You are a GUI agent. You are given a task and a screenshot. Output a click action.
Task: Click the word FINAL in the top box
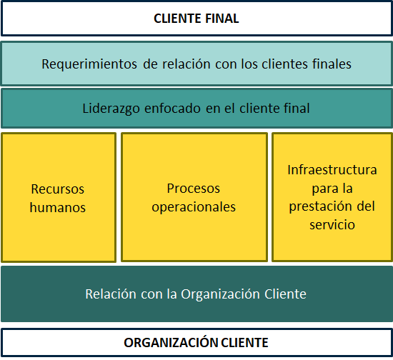pyautogui.click(x=222, y=19)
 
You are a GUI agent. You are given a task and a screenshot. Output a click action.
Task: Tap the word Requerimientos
pyautogui.click(x=89, y=64)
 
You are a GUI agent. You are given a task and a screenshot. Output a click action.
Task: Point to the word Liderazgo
pyautogui.click(x=111, y=109)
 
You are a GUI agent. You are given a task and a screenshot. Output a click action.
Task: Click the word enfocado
pyautogui.click(x=173, y=109)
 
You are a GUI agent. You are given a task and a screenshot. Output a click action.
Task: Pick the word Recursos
pyautogui.click(x=58, y=189)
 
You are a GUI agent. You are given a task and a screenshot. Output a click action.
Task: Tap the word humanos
pyautogui.click(x=58, y=207)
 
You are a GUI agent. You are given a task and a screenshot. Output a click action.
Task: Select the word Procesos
pyautogui.click(x=194, y=189)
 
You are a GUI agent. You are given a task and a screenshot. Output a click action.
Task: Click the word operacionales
pyautogui.click(x=194, y=207)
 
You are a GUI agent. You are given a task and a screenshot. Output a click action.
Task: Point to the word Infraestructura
pyautogui.click(x=332, y=170)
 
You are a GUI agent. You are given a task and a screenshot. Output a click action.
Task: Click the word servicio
pyautogui.click(x=332, y=224)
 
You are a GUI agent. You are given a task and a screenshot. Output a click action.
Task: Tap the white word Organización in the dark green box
pyautogui.click(x=220, y=294)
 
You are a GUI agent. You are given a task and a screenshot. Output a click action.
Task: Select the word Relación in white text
pyautogui.click(x=111, y=294)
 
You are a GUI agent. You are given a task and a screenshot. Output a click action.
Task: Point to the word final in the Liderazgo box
pyautogui.click(x=297, y=109)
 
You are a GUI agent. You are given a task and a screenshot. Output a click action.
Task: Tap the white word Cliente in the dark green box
pyautogui.click(x=285, y=294)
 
